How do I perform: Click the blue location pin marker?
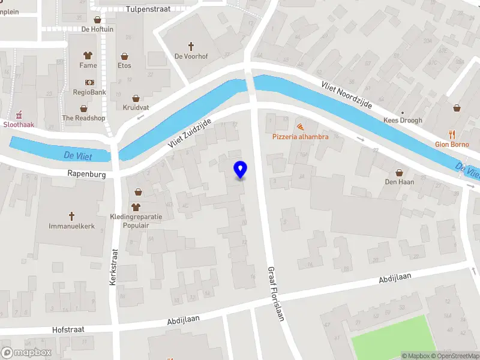click(x=240, y=169)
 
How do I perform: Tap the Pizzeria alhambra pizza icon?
click(x=299, y=127)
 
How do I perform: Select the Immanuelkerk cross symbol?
click(x=71, y=216)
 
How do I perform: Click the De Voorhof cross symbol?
click(x=191, y=46)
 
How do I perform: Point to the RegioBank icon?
click(x=89, y=82)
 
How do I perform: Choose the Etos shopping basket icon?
click(x=124, y=56)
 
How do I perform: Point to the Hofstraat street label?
click(x=68, y=329)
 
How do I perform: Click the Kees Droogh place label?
click(x=403, y=121)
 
